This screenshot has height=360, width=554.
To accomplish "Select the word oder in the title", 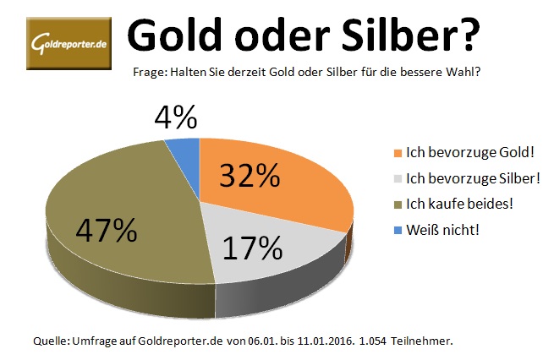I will pos(295,35).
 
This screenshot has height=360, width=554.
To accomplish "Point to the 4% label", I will pos(177,117).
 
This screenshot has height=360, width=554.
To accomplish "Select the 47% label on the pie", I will pos(106,230).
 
